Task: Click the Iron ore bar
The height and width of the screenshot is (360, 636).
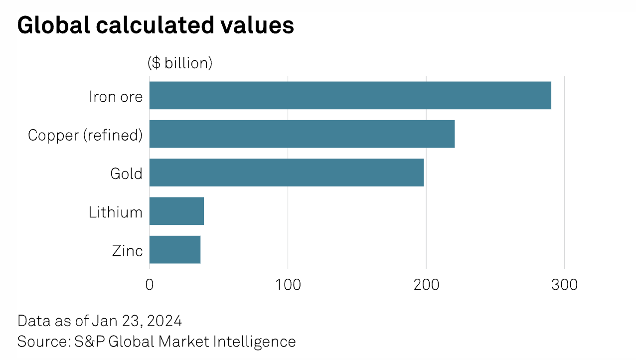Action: (x=350, y=95)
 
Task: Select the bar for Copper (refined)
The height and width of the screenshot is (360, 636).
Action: (x=302, y=134)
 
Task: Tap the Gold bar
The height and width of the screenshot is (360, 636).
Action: (x=286, y=173)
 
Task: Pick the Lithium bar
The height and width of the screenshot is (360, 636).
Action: (x=176, y=211)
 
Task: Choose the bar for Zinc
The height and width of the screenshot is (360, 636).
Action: (x=174, y=249)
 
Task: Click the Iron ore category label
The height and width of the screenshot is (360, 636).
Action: (x=116, y=96)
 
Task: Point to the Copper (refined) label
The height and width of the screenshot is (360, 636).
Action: (x=85, y=135)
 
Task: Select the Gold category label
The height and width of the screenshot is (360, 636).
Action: (x=126, y=174)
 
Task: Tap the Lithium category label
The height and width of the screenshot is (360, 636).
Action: (x=116, y=212)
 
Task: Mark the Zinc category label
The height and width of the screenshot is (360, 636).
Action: (x=127, y=250)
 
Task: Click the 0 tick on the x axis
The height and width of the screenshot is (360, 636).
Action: (x=150, y=285)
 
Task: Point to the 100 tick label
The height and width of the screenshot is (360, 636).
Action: (x=288, y=285)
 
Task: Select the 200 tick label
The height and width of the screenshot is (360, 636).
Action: (x=426, y=285)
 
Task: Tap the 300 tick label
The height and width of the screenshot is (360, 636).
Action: (x=564, y=285)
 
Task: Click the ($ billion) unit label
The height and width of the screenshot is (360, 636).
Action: (x=180, y=63)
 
